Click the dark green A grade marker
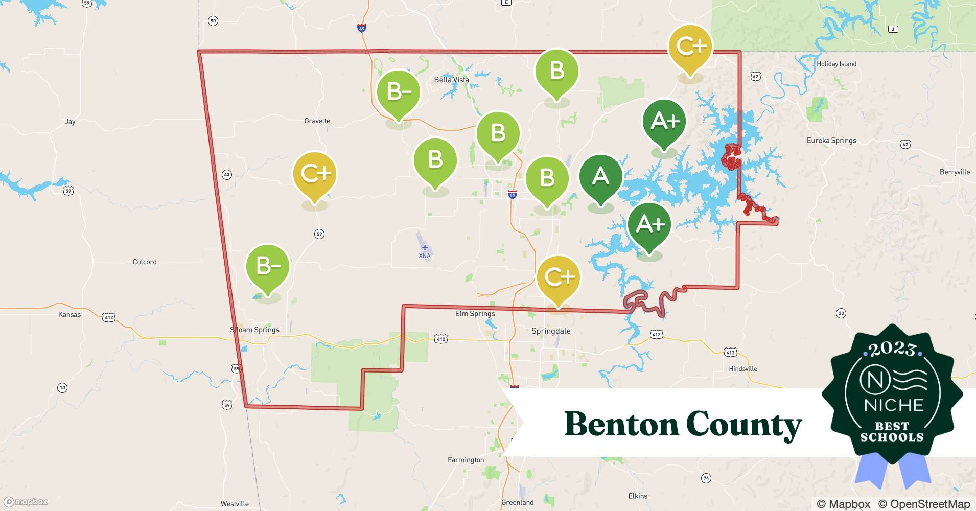point(600,177)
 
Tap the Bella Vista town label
point(451,80)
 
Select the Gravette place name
point(317,121)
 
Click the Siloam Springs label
point(254,330)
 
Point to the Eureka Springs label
point(831,141)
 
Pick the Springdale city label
point(551,331)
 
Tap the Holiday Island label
point(836,64)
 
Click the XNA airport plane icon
point(425,247)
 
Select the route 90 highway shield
point(213,21)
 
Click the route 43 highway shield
point(227,175)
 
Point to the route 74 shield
point(706,478)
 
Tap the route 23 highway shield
point(841,313)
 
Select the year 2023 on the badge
point(892,349)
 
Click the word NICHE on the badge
point(894,405)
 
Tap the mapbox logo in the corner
point(26,502)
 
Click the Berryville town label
point(955,172)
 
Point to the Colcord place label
point(145,262)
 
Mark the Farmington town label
point(466,460)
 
